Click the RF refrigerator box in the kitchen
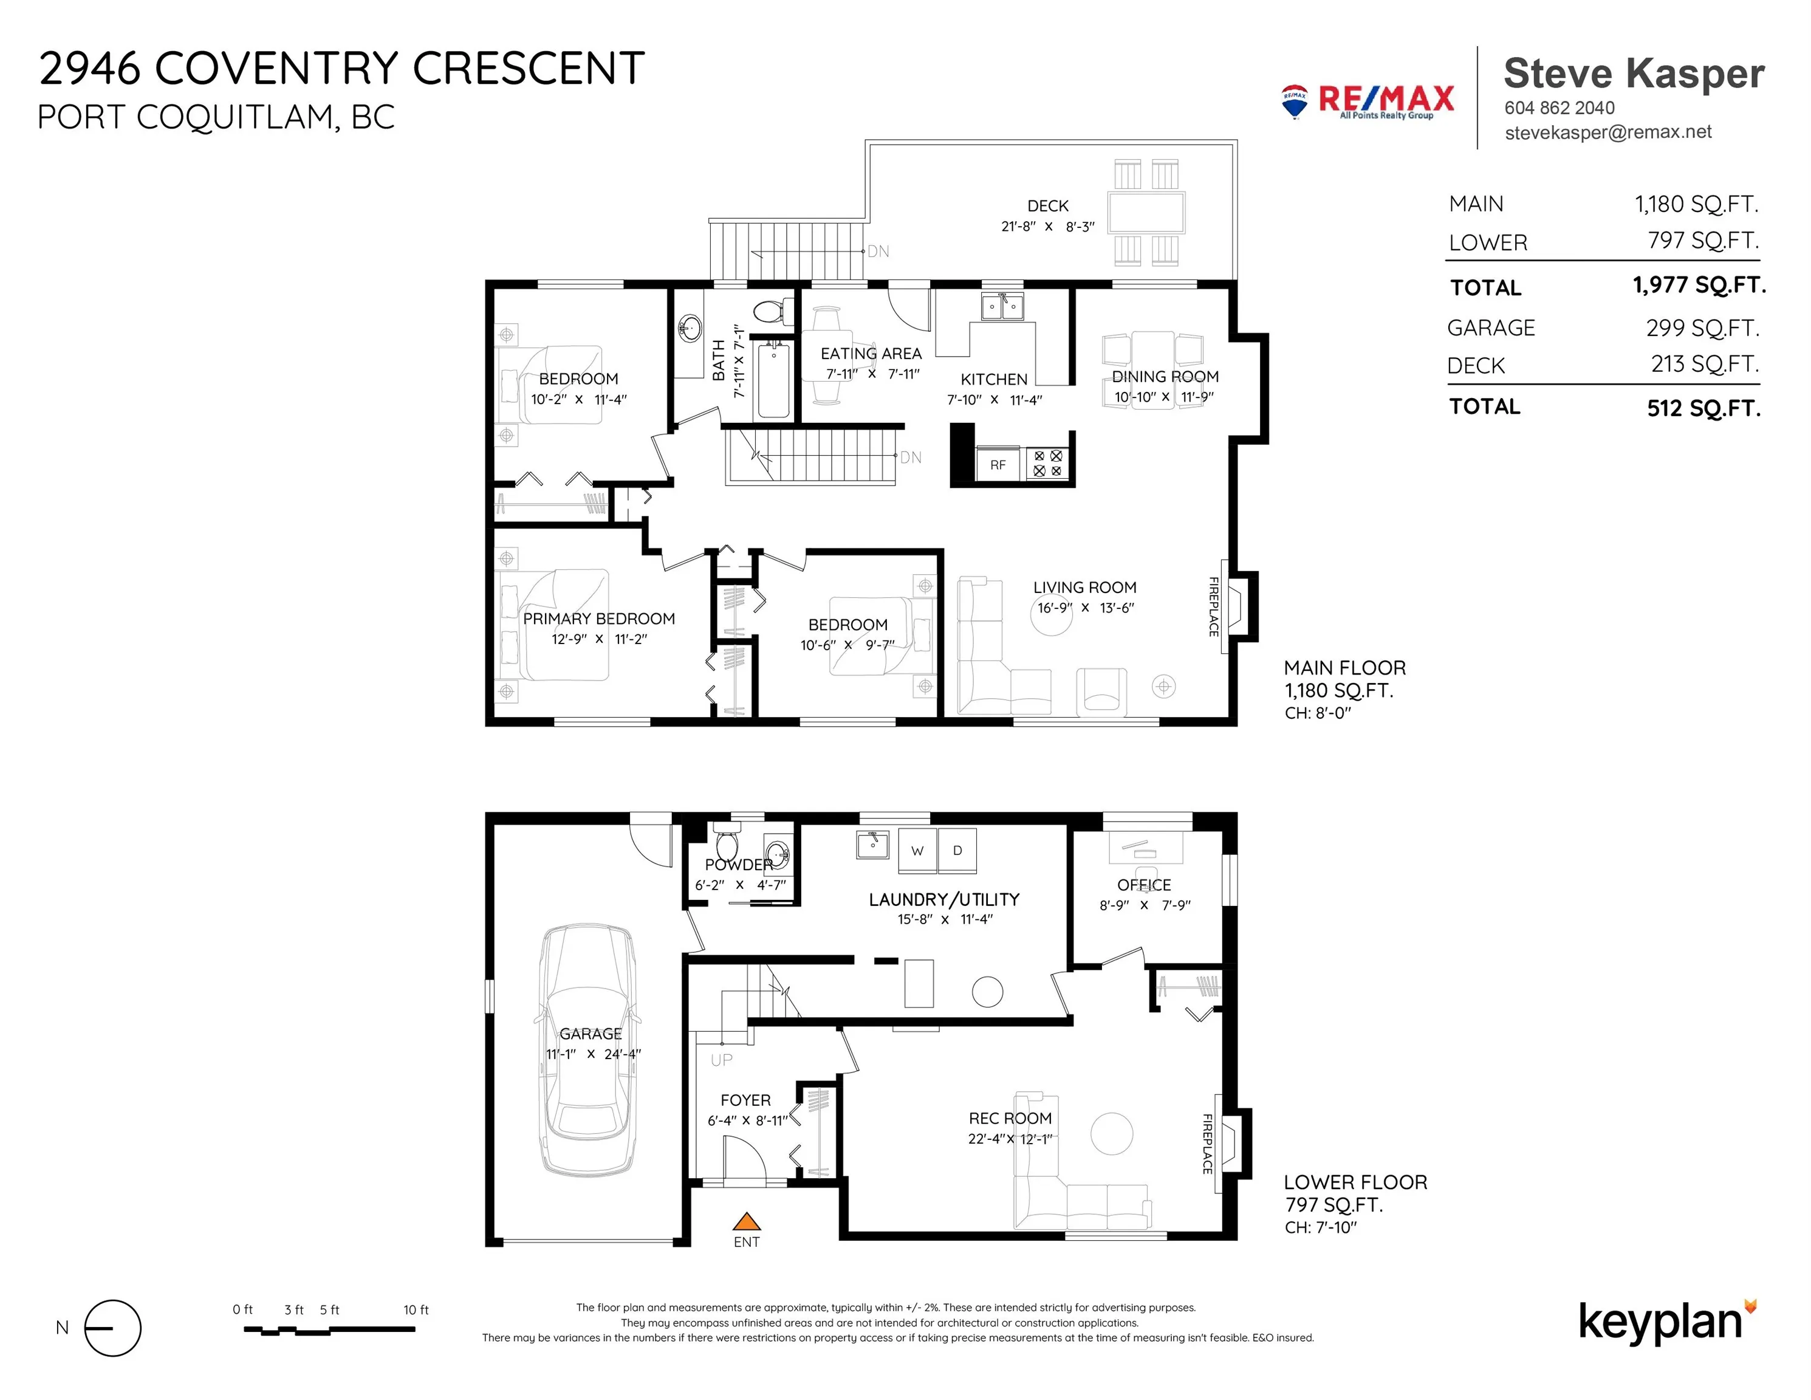click(x=998, y=464)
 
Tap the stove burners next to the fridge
click(x=1047, y=464)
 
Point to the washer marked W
click(x=917, y=850)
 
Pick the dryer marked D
click(x=957, y=850)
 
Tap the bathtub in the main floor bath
click(x=773, y=380)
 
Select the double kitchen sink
click(x=1002, y=307)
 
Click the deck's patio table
click(x=1146, y=212)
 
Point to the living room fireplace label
click(x=1213, y=607)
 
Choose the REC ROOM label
click(x=1010, y=1118)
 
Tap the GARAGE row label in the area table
click(x=1491, y=329)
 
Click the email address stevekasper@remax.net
click(x=1608, y=132)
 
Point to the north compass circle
click(x=114, y=1328)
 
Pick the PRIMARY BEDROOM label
click(x=598, y=619)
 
